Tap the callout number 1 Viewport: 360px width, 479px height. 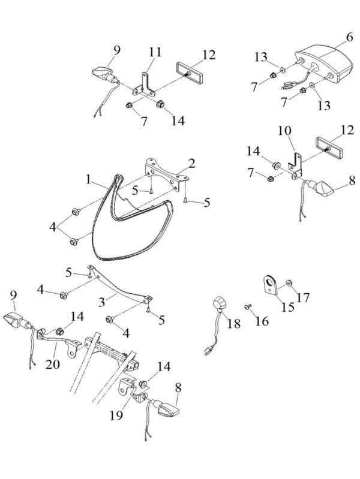(88, 178)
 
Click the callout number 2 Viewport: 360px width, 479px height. (191, 162)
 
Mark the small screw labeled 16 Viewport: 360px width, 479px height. (247, 307)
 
